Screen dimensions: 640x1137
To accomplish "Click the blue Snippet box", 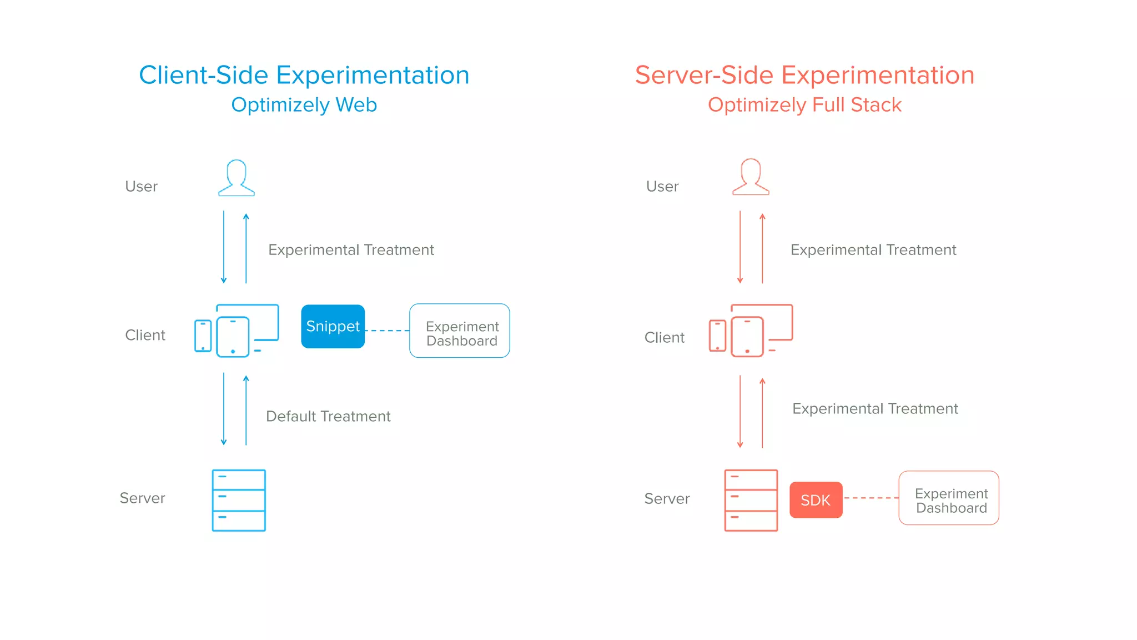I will point(333,326).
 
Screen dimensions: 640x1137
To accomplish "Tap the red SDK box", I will point(816,500).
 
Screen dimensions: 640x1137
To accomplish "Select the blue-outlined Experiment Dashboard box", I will point(459,331).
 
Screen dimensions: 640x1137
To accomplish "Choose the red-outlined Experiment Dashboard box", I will point(948,498).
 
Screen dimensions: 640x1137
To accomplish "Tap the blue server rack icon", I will point(239,500).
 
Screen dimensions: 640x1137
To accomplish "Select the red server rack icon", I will point(751,500).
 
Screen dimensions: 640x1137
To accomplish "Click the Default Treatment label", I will point(328,416).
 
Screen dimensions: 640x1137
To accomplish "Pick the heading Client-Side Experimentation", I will point(304,75).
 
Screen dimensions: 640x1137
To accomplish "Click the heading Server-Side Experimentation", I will point(804,75).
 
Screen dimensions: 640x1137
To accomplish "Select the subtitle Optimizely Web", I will point(304,105).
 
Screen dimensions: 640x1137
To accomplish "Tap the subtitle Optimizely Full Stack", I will point(804,105).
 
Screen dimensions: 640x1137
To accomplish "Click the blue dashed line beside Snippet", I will point(387,331).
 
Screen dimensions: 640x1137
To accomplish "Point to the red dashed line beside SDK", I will point(871,498).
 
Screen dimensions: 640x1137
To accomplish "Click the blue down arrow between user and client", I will point(224,247).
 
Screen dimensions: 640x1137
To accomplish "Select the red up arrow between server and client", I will point(762,412).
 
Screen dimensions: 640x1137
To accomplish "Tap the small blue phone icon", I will point(203,336).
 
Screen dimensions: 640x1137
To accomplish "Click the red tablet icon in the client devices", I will point(747,337).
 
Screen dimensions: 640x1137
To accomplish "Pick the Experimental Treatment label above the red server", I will point(875,409).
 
